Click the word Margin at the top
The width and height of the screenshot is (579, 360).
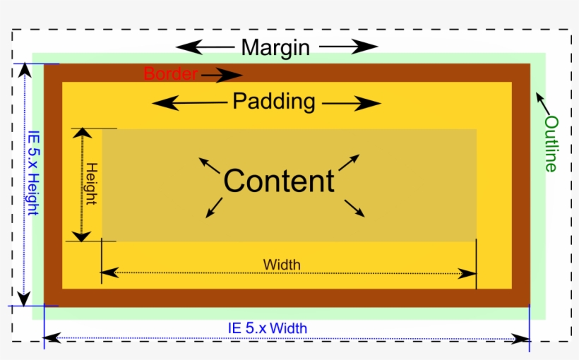pyautogui.click(x=275, y=47)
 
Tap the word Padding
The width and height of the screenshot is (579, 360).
pyautogui.click(x=274, y=102)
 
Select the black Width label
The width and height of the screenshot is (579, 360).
pyautogui.click(x=282, y=265)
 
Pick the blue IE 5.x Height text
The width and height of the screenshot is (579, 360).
pyautogui.click(x=33, y=176)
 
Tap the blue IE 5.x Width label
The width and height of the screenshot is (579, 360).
pyautogui.click(x=267, y=328)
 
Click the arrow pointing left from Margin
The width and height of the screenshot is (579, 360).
pyautogui.click(x=205, y=47)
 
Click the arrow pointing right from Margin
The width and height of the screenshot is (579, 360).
pyautogui.click(x=349, y=47)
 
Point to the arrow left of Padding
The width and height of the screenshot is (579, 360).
pyautogui.click(x=189, y=103)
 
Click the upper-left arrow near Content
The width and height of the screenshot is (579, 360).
pyautogui.click(x=208, y=167)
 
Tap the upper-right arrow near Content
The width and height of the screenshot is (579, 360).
pyautogui.click(x=349, y=162)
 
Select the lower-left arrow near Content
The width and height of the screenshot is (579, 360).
pyautogui.click(x=213, y=207)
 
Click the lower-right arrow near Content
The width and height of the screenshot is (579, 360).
pyautogui.click(x=354, y=208)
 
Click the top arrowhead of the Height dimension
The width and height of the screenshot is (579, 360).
pyautogui.click(x=83, y=134)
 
